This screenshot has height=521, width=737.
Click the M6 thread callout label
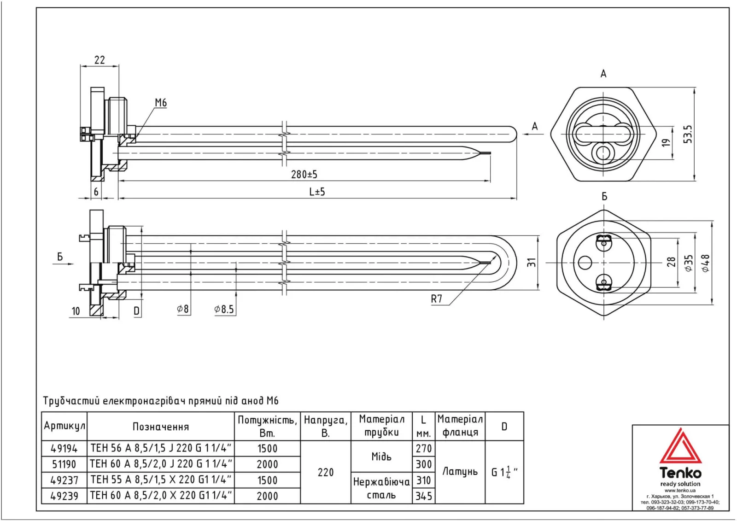coord(160,103)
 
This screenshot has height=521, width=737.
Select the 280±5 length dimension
coord(304,174)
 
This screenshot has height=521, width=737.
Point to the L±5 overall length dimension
coord(317,192)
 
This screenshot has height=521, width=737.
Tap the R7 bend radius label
coord(436,299)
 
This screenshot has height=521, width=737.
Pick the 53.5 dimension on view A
coord(688,134)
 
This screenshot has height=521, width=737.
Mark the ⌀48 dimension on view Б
coord(705,263)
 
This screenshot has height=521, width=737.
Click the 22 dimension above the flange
coord(99,60)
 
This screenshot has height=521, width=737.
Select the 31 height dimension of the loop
coord(532,262)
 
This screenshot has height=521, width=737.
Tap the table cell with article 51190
coord(64,464)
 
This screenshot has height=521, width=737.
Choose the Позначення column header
coord(161,427)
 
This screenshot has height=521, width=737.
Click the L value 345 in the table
coord(424,496)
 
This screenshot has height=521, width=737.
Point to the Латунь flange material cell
coord(460,472)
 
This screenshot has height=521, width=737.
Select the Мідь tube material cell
coord(381,457)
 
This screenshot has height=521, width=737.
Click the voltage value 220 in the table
coord(326,472)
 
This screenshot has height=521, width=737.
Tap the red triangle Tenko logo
coord(680,447)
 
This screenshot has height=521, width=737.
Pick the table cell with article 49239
coord(64,496)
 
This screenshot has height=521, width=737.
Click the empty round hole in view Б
coord(585,263)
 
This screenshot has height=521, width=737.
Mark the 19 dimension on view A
coord(666,143)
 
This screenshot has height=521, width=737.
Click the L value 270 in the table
coord(424,449)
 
